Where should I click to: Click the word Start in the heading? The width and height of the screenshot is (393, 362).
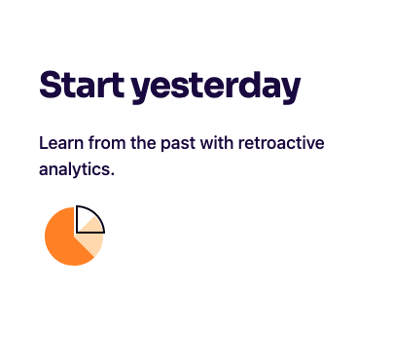82,85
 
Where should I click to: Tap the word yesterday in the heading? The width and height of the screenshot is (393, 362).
216,88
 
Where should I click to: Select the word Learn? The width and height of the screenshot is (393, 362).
61,143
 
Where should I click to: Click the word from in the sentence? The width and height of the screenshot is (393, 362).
107,143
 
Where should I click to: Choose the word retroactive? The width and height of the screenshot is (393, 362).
281,143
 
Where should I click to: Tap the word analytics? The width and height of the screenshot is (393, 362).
75,169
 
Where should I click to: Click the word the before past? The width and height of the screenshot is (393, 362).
143,143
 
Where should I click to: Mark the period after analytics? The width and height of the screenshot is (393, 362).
112,174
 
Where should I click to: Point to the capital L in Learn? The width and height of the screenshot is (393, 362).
43,143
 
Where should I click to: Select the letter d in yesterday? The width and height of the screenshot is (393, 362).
250,85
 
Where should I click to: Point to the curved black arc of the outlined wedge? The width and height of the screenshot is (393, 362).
95,214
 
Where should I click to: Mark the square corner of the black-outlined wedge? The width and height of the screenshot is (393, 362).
77,233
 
